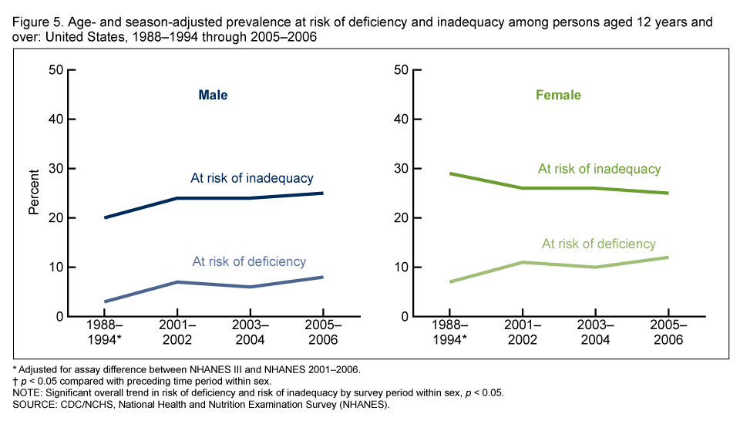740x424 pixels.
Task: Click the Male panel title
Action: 213,96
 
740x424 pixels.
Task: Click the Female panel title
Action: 558,96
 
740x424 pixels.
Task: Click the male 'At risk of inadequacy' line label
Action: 252,178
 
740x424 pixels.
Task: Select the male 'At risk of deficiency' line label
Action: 249,261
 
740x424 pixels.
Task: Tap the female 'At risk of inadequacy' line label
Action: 599,169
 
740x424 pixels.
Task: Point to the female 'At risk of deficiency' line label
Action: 599,244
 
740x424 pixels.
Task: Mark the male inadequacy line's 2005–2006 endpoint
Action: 322,193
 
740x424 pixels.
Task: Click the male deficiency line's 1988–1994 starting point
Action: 105,301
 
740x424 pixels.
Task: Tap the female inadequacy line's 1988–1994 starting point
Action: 450,173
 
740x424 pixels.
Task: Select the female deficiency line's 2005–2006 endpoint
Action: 668,257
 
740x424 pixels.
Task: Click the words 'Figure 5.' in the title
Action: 36,22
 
